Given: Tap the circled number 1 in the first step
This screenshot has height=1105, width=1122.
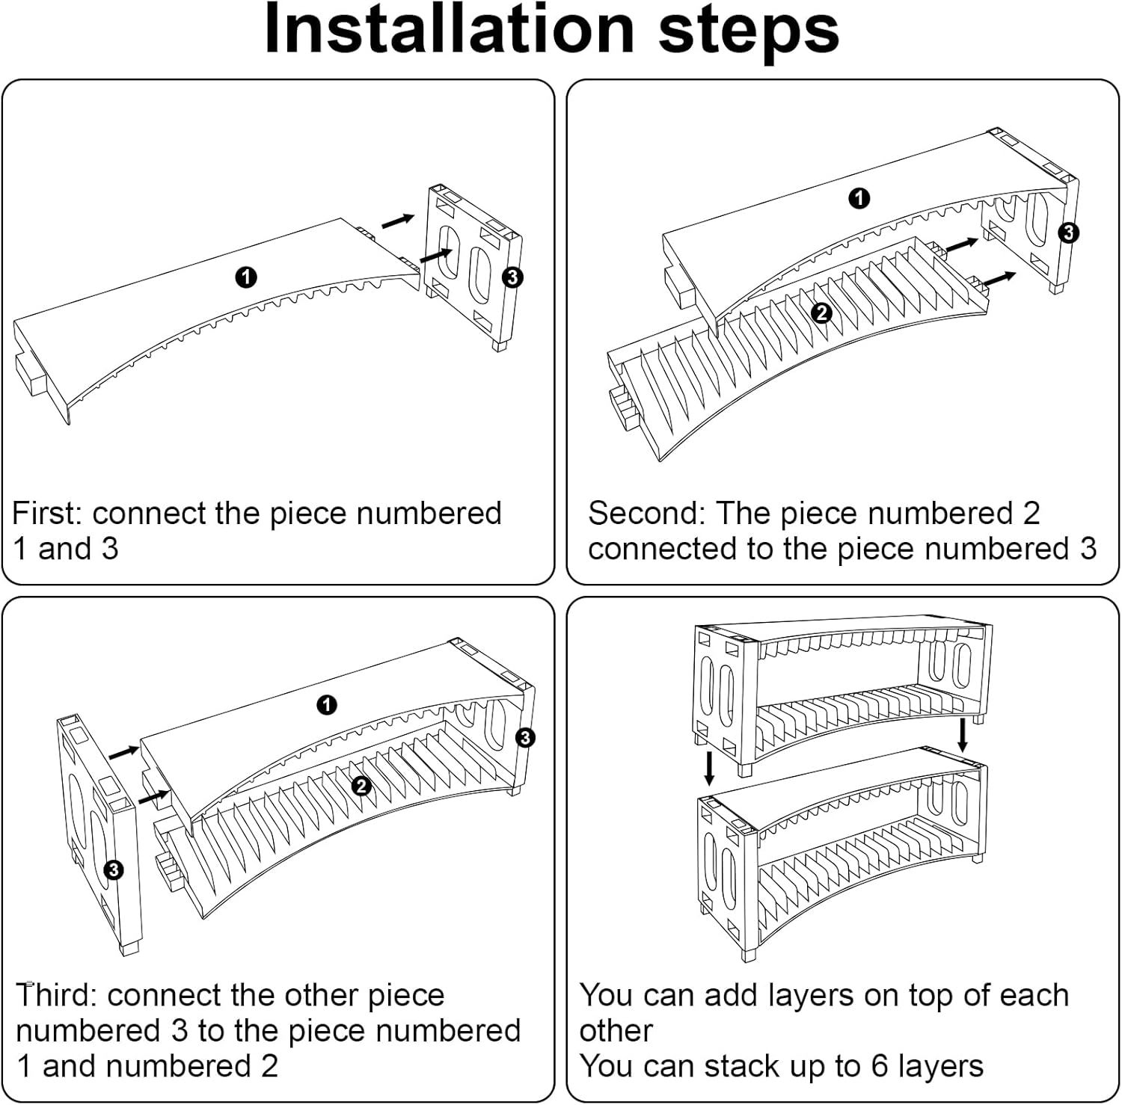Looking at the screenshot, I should (246, 277).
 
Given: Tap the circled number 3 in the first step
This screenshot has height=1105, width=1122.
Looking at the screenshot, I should (512, 277).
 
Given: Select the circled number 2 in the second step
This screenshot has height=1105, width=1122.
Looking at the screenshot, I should (821, 313).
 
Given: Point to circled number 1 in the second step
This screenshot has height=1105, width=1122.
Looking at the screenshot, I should (859, 198).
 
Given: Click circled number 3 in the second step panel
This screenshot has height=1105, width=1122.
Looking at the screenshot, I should (1068, 233).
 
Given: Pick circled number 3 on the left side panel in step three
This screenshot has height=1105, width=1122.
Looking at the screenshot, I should (114, 869).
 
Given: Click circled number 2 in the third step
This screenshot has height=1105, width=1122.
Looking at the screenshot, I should (361, 786).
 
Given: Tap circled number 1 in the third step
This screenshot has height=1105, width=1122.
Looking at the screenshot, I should (326, 704).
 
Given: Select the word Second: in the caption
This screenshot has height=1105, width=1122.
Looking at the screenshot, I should (646, 514).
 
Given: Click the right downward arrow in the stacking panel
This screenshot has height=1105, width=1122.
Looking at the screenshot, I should (963, 735).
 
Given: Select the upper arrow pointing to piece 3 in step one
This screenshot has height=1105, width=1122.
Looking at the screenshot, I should (397, 221).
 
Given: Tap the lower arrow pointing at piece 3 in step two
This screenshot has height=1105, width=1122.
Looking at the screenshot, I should (999, 278).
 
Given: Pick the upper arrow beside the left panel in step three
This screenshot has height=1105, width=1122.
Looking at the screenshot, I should (124, 752).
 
